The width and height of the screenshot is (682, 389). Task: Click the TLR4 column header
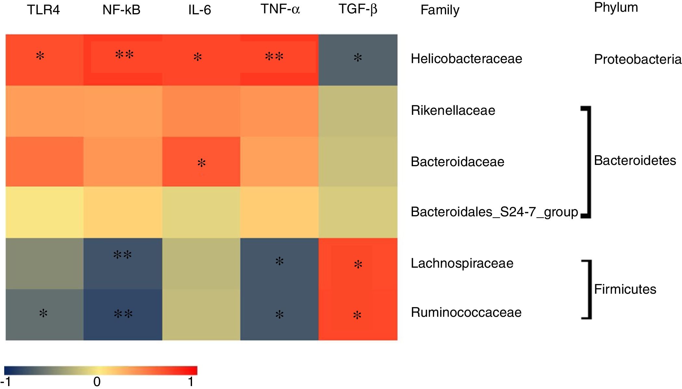click(43, 10)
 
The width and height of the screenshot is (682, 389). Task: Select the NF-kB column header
click(121, 10)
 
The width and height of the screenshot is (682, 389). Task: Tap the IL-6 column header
click(199, 10)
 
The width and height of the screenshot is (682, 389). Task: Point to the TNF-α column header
click(280, 9)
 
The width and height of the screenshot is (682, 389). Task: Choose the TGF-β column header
click(358, 9)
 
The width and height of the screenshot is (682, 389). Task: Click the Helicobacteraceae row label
click(466, 59)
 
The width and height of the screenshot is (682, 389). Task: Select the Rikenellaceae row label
click(453, 111)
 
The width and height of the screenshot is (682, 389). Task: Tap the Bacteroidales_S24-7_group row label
click(494, 212)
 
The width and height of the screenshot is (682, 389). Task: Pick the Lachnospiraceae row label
click(462, 263)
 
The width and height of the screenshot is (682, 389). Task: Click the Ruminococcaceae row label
click(466, 313)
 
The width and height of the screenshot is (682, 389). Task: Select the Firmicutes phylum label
click(625, 289)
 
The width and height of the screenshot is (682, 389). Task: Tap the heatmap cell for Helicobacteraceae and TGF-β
click(358, 60)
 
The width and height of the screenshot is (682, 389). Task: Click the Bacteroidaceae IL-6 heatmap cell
click(201, 162)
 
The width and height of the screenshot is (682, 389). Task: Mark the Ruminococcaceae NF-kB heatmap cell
click(123, 315)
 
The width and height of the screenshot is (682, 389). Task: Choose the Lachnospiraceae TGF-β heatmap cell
click(358, 264)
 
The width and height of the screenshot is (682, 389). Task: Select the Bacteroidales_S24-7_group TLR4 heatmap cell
click(45, 212)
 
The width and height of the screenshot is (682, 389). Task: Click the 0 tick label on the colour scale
click(97, 382)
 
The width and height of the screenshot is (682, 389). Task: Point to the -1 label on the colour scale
click(6, 382)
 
